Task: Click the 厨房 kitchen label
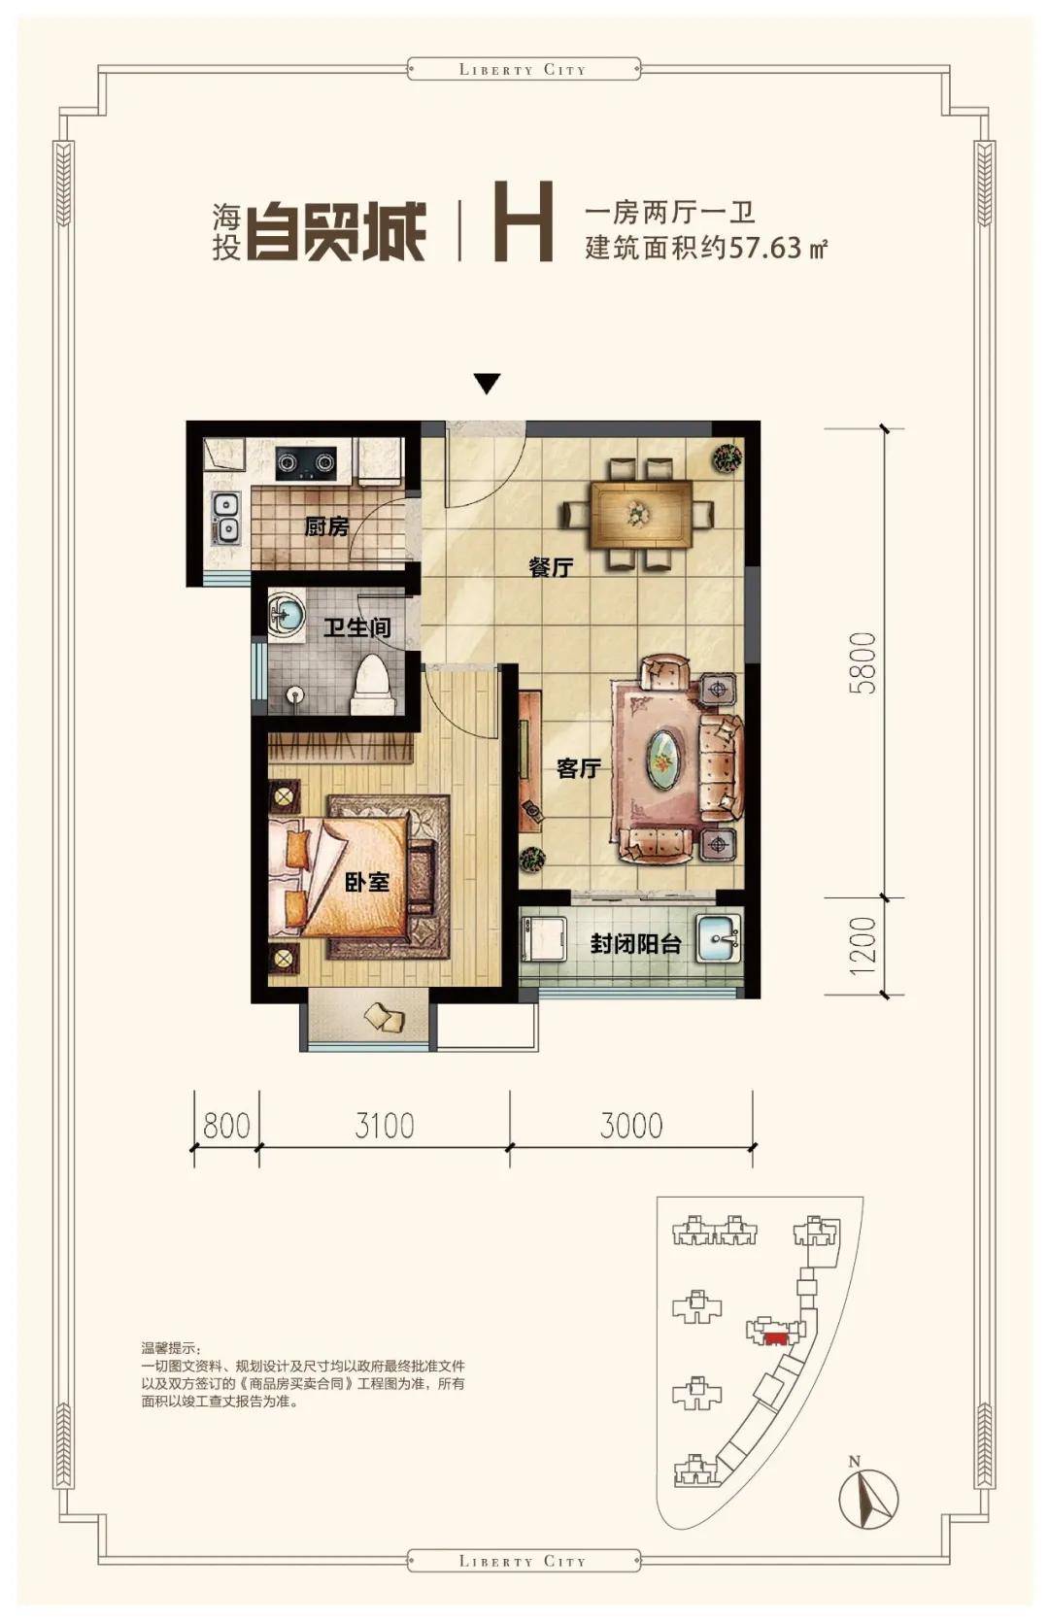coord(325,526)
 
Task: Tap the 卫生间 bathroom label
coord(356,626)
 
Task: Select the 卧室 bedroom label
coord(367,882)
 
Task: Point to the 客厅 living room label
coord(579,768)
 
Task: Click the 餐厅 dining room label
coord(550,567)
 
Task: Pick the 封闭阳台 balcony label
coord(635,944)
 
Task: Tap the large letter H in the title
coord(524,220)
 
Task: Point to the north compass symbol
coord(868,1497)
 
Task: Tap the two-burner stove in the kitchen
coord(306,462)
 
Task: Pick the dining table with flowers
coord(639,514)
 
